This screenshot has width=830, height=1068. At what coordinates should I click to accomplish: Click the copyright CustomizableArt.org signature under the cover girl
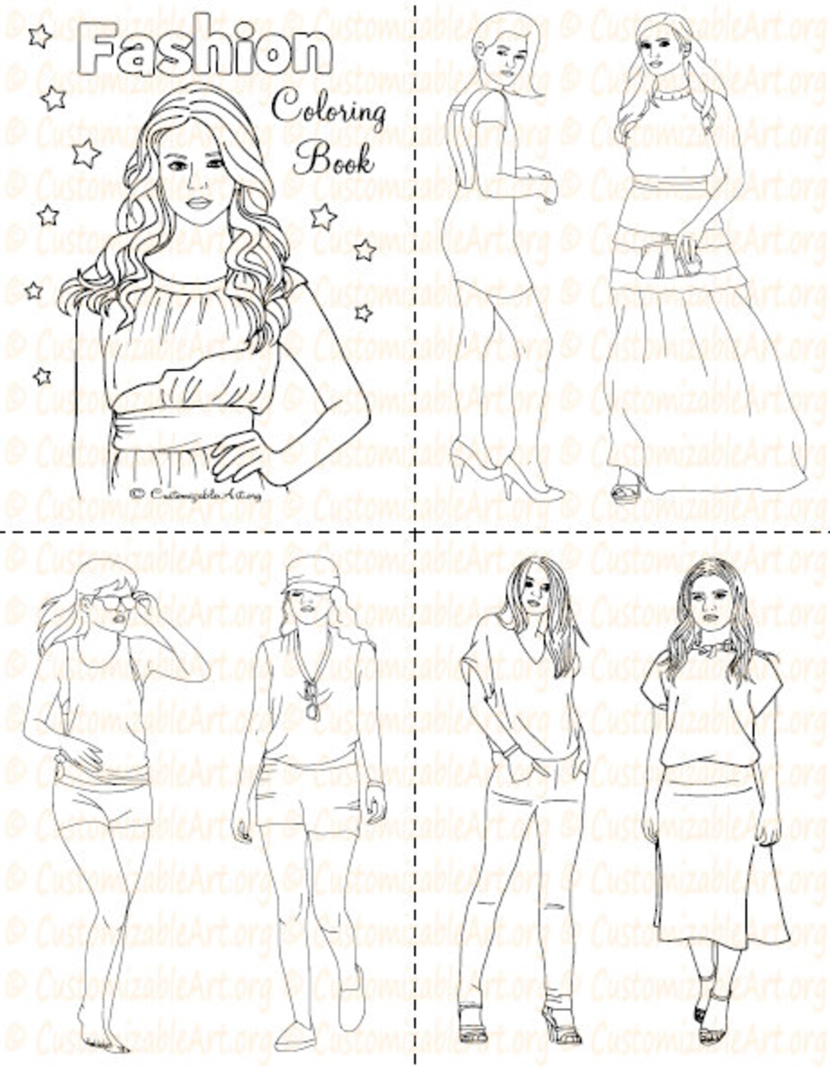click(196, 493)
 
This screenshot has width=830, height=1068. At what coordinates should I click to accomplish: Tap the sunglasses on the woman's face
click(115, 602)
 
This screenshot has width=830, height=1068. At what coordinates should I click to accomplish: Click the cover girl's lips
click(199, 202)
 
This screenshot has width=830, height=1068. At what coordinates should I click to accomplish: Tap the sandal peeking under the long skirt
click(626, 491)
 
